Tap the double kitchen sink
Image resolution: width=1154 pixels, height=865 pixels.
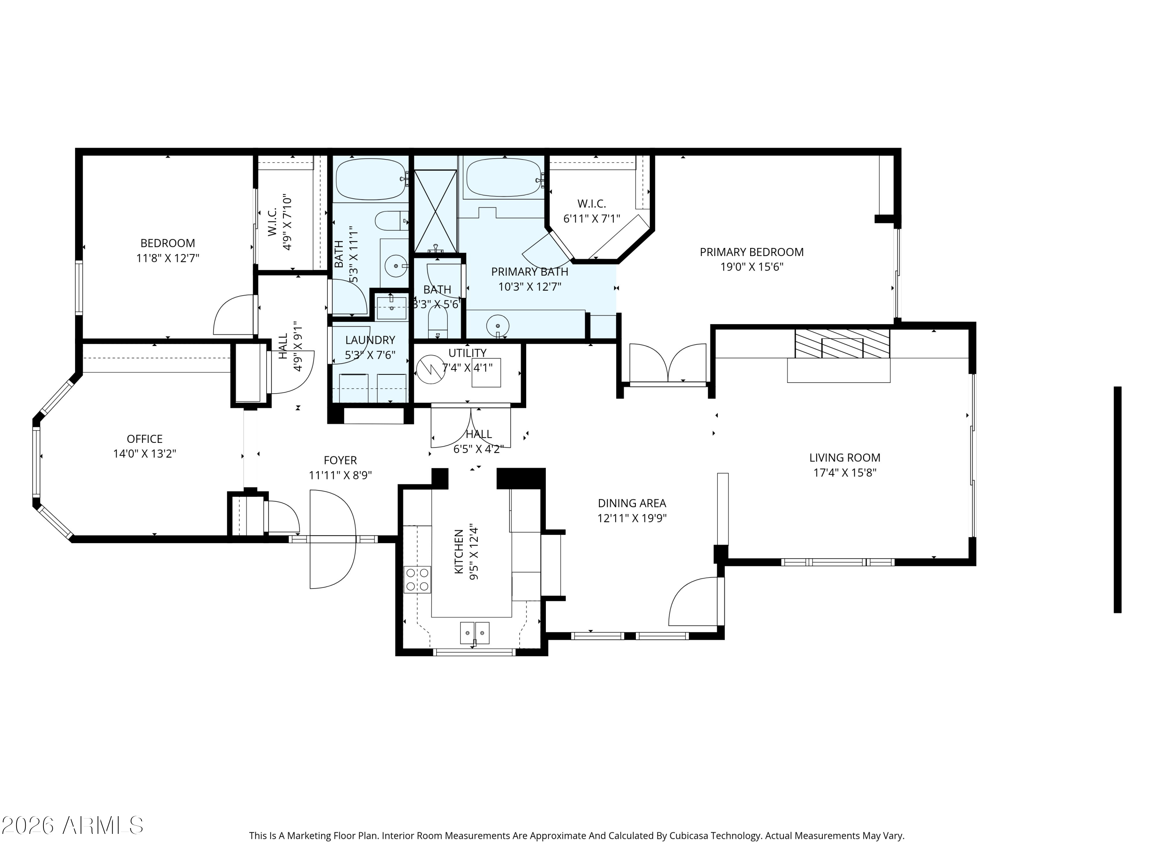tap(474, 632)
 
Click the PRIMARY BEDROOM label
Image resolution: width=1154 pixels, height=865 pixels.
tap(751, 252)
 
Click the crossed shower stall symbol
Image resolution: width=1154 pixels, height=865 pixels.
tap(435, 211)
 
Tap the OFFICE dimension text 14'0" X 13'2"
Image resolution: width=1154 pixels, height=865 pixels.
tap(145, 454)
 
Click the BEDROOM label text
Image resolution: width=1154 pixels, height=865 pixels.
tap(167, 243)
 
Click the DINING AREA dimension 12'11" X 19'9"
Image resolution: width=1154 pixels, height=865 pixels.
tap(632, 518)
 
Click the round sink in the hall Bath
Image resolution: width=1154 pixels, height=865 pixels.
tap(396, 266)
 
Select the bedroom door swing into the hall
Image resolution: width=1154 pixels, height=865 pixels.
tap(235, 316)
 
